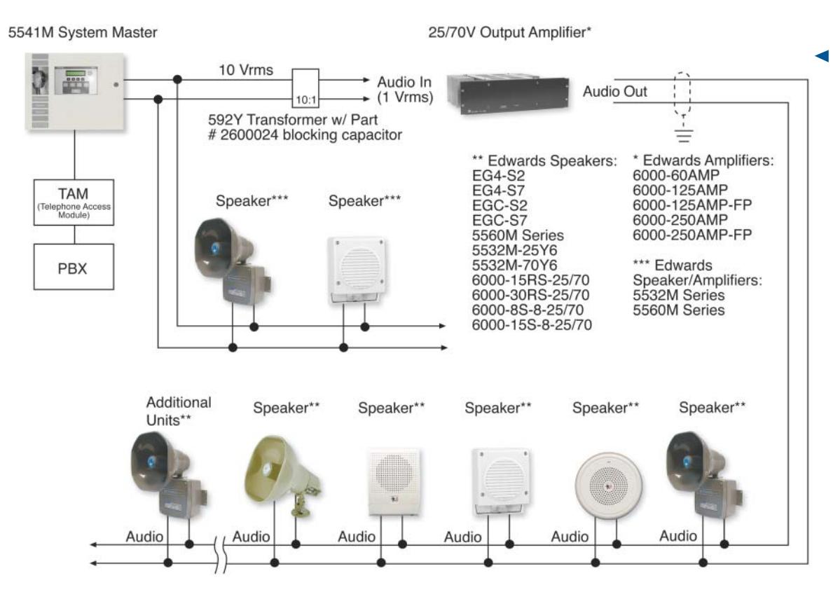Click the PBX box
[x=74, y=267]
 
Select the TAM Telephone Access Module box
[x=74, y=202]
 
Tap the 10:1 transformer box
[x=305, y=88]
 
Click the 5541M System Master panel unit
[x=75, y=91]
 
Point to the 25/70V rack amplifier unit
[x=508, y=95]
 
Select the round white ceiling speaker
[x=608, y=485]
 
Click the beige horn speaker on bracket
[x=282, y=474]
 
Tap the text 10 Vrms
[x=246, y=70]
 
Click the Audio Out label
[x=614, y=91]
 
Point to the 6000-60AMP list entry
[x=676, y=175]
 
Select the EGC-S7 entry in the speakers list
[x=500, y=221]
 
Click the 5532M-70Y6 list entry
[x=514, y=265]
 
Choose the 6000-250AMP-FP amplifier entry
[x=692, y=235]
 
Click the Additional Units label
[x=179, y=411]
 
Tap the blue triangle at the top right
[x=822, y=56]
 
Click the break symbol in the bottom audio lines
[x=221, y=554]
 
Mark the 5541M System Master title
[x=83, y=32]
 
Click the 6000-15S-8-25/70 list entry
[x=532, y=324]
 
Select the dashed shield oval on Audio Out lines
[x=682, y=93]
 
